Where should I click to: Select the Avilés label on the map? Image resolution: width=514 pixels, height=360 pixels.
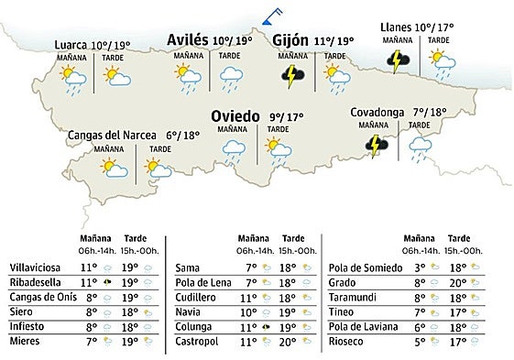pos(187,40)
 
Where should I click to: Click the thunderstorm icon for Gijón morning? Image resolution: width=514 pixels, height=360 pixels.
pos(292,75)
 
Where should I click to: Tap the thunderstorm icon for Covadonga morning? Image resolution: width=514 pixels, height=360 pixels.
pos(375,143)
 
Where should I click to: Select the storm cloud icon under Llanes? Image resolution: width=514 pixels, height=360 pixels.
pos(399,60)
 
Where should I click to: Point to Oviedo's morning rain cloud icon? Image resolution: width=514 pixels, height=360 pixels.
pos(235,148)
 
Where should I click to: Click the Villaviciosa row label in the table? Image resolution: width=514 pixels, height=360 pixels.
pos(37,267)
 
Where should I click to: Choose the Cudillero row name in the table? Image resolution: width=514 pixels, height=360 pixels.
pos(195,297)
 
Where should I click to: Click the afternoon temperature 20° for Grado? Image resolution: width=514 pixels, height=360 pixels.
pos(453,282)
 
